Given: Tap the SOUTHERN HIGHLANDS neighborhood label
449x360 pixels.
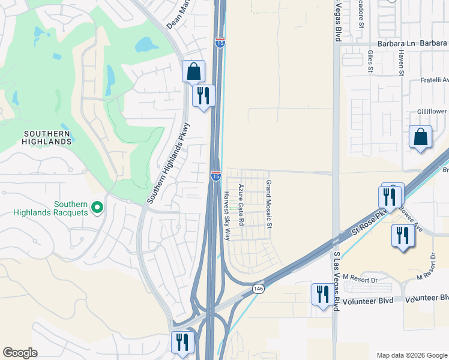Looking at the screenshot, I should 47,137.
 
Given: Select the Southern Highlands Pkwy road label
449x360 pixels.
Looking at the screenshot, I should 169,163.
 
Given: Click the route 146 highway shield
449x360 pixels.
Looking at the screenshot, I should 258,289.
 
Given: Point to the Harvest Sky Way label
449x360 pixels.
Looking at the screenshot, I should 227,215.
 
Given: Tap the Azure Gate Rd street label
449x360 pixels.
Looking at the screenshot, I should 241,205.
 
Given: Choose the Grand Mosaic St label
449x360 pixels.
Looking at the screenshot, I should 270,205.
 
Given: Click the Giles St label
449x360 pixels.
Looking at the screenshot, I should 370,61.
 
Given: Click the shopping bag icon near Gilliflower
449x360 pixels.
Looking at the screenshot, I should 421,137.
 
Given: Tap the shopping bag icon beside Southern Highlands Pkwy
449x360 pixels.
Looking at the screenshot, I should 193,72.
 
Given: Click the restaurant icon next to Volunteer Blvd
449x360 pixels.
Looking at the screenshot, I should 323,295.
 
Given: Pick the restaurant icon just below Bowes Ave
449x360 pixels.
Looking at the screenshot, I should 402,235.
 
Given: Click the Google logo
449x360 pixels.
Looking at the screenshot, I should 20,353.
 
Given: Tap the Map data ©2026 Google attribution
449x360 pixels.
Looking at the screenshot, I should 411,355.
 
